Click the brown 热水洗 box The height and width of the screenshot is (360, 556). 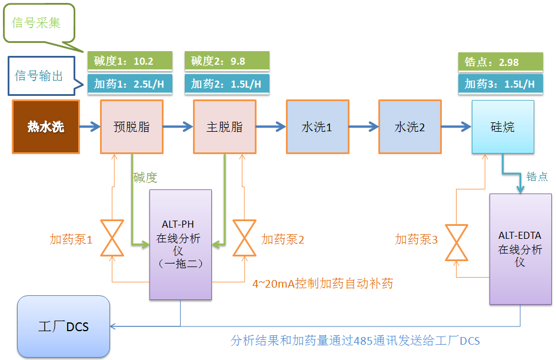coord(45,127)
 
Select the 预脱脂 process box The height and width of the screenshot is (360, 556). coord(131,127)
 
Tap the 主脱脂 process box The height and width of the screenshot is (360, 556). coord(225,127)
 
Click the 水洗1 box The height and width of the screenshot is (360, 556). coord(317,127)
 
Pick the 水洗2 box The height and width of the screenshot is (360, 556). coord(409,127)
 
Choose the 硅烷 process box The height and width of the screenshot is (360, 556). coord(502,127)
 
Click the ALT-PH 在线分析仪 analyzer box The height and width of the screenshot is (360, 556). coord(180,244)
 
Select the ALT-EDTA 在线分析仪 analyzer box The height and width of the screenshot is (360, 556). coord(520,248)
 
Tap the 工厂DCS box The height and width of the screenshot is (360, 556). coord(64,326)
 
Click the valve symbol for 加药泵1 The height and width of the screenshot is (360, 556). coord(112,238)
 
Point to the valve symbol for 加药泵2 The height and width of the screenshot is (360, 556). coord(244,238)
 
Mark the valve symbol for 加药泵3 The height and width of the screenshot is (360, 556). coord(457,242)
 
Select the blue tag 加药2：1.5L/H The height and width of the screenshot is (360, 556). coord(227,84)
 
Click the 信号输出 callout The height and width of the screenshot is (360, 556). coord(40,75)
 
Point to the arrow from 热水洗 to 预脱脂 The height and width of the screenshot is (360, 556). coord(89,126)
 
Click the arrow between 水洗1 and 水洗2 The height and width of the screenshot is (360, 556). coord(363,126)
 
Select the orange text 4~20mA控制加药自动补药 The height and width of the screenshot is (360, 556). coord(322,284)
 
